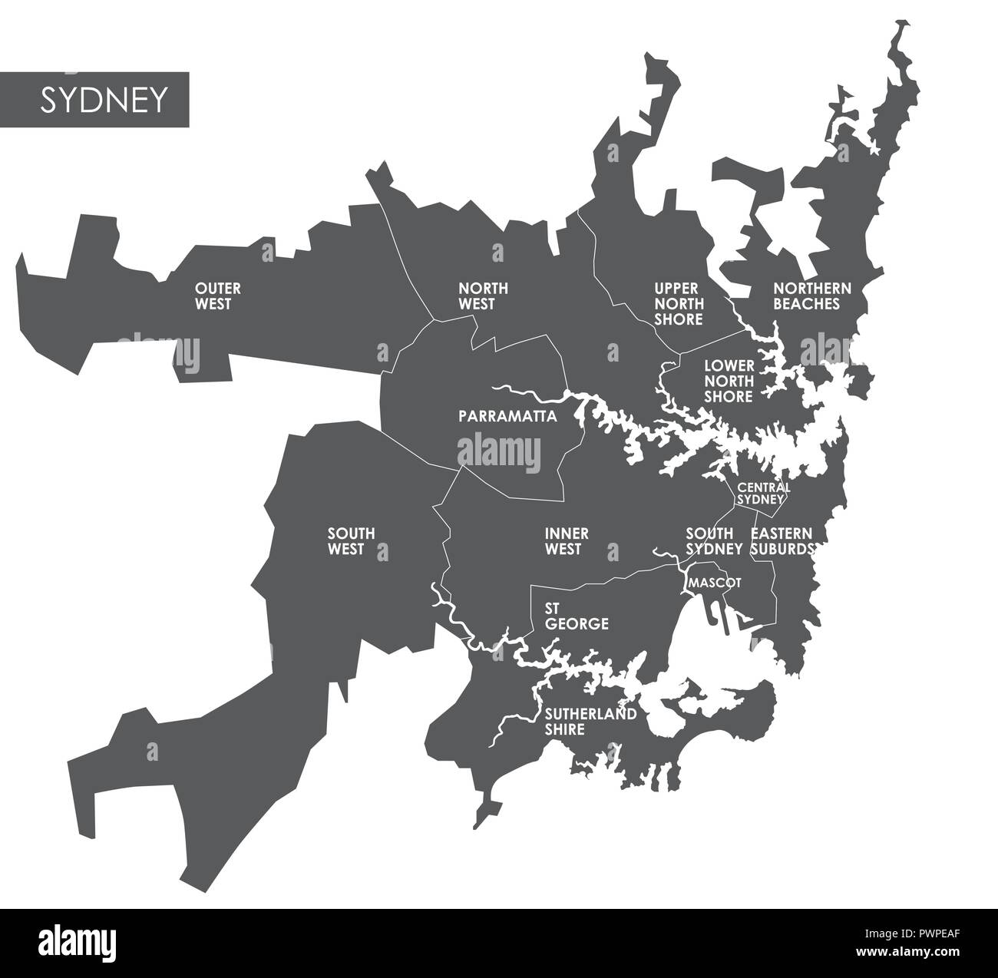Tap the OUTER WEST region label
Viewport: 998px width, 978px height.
click(217, 296)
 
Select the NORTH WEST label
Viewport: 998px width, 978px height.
click(483, 296)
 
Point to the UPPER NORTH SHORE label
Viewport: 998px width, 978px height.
click(679, 304)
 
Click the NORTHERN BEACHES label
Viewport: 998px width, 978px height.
click(811, 296)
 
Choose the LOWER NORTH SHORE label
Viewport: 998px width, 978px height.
click(729, 382)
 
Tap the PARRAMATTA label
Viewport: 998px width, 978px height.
click(507, 417)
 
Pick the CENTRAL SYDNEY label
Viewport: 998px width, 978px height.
click(762, 493)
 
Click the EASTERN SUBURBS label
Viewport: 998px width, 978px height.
click(782, 541)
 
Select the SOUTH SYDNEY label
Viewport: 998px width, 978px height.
click(713, 541)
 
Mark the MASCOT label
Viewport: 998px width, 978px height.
click(714, 583)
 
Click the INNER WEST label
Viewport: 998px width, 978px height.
click(567, 541)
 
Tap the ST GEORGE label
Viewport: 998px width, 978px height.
click(576, 616)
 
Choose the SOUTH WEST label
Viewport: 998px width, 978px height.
click(351, 541)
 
